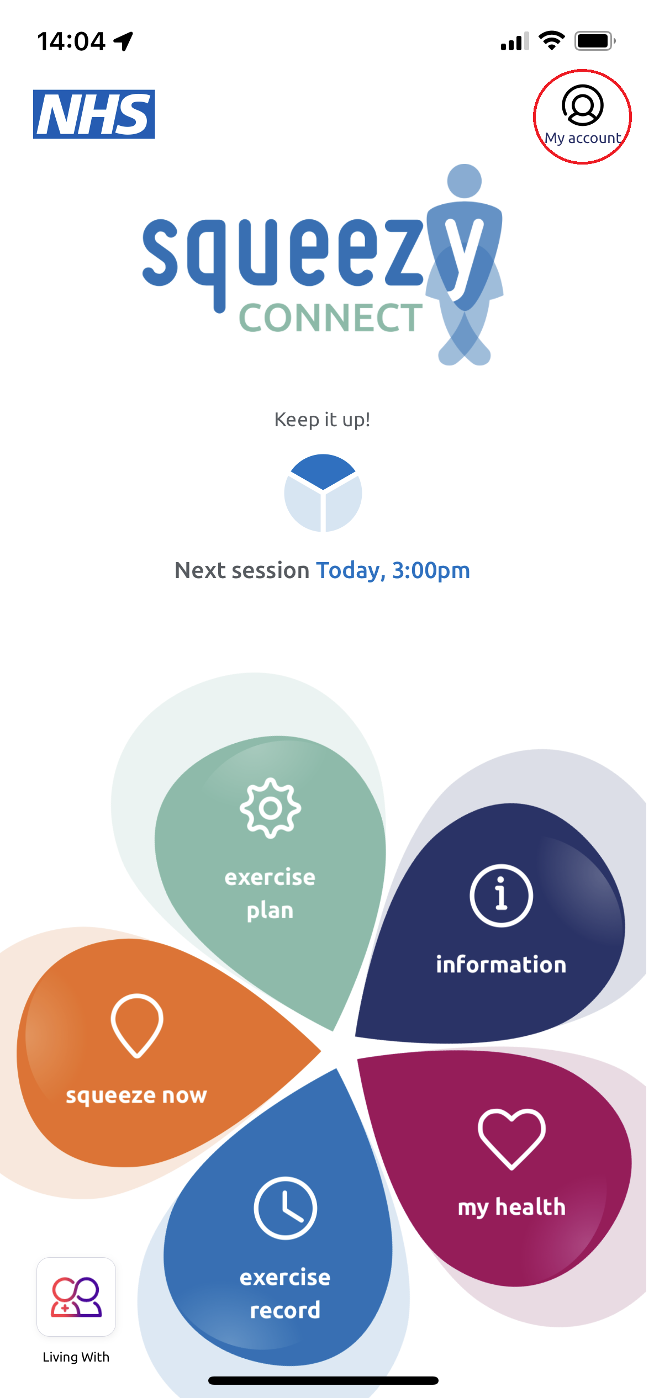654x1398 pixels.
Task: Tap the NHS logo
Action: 94,114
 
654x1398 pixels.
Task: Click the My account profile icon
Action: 582,105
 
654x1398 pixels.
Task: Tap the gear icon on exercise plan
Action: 270,808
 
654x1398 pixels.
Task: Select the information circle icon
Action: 501,895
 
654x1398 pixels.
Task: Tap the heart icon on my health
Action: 511,1138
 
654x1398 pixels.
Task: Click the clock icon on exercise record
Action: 285,1208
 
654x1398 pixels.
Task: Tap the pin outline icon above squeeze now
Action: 137,1025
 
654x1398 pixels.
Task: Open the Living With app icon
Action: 76,1296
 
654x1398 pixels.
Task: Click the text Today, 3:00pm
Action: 393,570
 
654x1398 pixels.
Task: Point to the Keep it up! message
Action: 322,420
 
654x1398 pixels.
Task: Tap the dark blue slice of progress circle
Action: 323,469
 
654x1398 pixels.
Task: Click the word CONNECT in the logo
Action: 330,318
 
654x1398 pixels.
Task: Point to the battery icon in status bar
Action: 594,41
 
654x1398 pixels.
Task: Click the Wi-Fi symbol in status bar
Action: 551,41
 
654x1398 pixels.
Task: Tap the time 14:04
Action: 71,41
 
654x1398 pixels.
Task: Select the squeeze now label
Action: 136,1095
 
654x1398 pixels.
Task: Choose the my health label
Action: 511,1207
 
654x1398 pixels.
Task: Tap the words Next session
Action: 241,570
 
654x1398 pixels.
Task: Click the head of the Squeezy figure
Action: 464,181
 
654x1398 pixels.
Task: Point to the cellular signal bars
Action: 514,41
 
